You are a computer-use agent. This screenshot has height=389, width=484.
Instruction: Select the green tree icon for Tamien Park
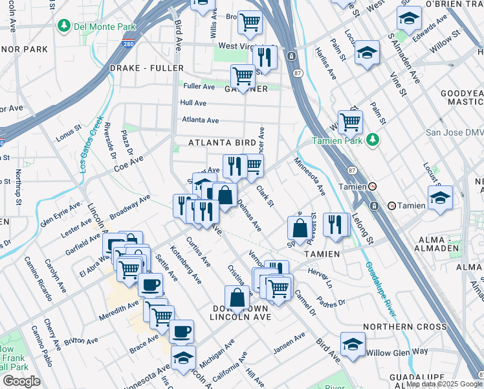373,140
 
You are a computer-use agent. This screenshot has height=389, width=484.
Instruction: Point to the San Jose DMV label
454,132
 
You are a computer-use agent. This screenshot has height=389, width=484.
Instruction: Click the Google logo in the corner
21,381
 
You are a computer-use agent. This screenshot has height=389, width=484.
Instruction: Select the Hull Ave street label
193,103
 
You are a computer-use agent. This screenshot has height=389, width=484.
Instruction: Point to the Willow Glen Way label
397,352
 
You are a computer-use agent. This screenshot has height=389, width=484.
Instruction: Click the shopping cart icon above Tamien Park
350,121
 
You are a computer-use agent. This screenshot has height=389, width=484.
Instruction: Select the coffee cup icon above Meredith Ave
150,283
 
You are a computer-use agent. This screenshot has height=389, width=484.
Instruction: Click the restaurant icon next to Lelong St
336,224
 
